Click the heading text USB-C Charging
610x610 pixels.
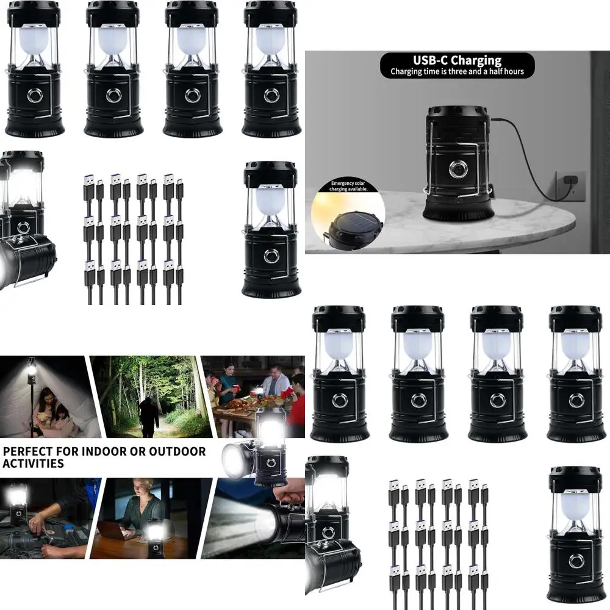[x=456, y=60]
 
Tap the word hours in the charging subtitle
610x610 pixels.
[x=512, y=72]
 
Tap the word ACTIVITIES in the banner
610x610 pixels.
[x=34, y=464]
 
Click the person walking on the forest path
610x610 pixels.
[x=148, y=415]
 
